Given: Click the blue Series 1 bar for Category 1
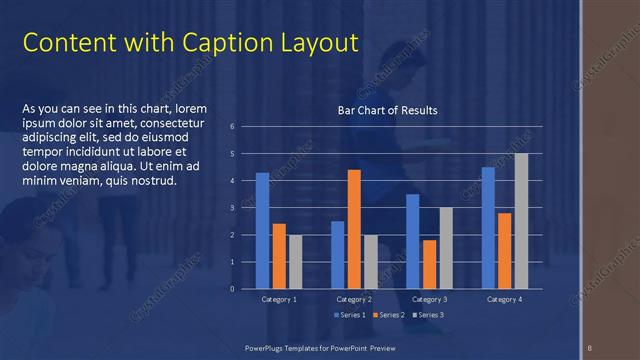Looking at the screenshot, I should (x=262, y=231).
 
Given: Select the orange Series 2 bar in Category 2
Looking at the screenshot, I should (x=354, y=229).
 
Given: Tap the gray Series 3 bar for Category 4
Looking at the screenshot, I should (x=521, y=221).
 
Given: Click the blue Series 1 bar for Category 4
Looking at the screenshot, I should (x=488, y=228).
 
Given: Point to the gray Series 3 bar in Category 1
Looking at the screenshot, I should (x=295, y=262).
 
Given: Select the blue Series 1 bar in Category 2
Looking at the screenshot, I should (x=338, y=255).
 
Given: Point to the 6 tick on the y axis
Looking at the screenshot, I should (x=232, y=127).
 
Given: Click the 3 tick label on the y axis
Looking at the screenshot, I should (x=232, y=208).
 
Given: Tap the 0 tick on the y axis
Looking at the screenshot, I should (x=232, y=289).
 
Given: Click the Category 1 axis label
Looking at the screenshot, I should (x=278, y=299).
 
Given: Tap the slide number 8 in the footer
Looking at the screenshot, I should (x=590, y=347).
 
